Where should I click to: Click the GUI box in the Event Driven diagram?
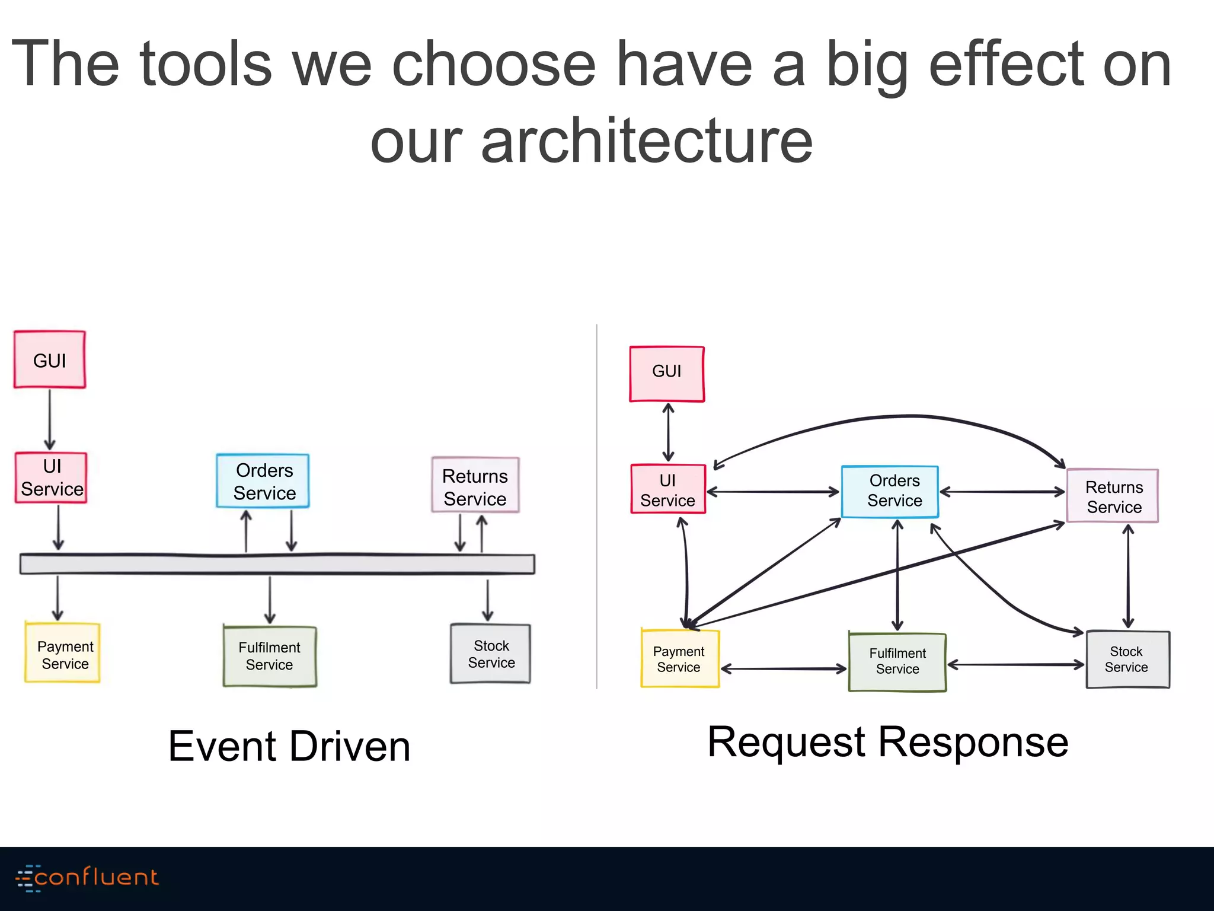click(x=50, y=360)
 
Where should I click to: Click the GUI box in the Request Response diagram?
click(x=667, y=374)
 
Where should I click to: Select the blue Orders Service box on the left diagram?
click(x=263, y=481)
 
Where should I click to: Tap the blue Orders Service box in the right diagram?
click(x=890, y=492)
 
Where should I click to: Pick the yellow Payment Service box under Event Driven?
click(x=63, y=652)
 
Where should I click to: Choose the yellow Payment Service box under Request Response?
click(x=680, y=659)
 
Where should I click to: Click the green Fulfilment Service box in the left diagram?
click(x=270, y=657)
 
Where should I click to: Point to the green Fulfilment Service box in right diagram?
click(x=897, y=662)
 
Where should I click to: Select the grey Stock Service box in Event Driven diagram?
click(x=491, y=654)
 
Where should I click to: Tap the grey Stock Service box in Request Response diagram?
click(x=1127, y=660)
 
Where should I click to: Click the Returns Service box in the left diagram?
click(x=475, y=485)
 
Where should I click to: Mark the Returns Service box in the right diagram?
click(x=1113, y=496)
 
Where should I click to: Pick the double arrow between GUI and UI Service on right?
click(x=668, y=432)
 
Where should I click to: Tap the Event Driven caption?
click(x=289, y=746)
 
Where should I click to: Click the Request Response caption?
click(x=887, y=742)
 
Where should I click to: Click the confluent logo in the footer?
click(x=87, y=877)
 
